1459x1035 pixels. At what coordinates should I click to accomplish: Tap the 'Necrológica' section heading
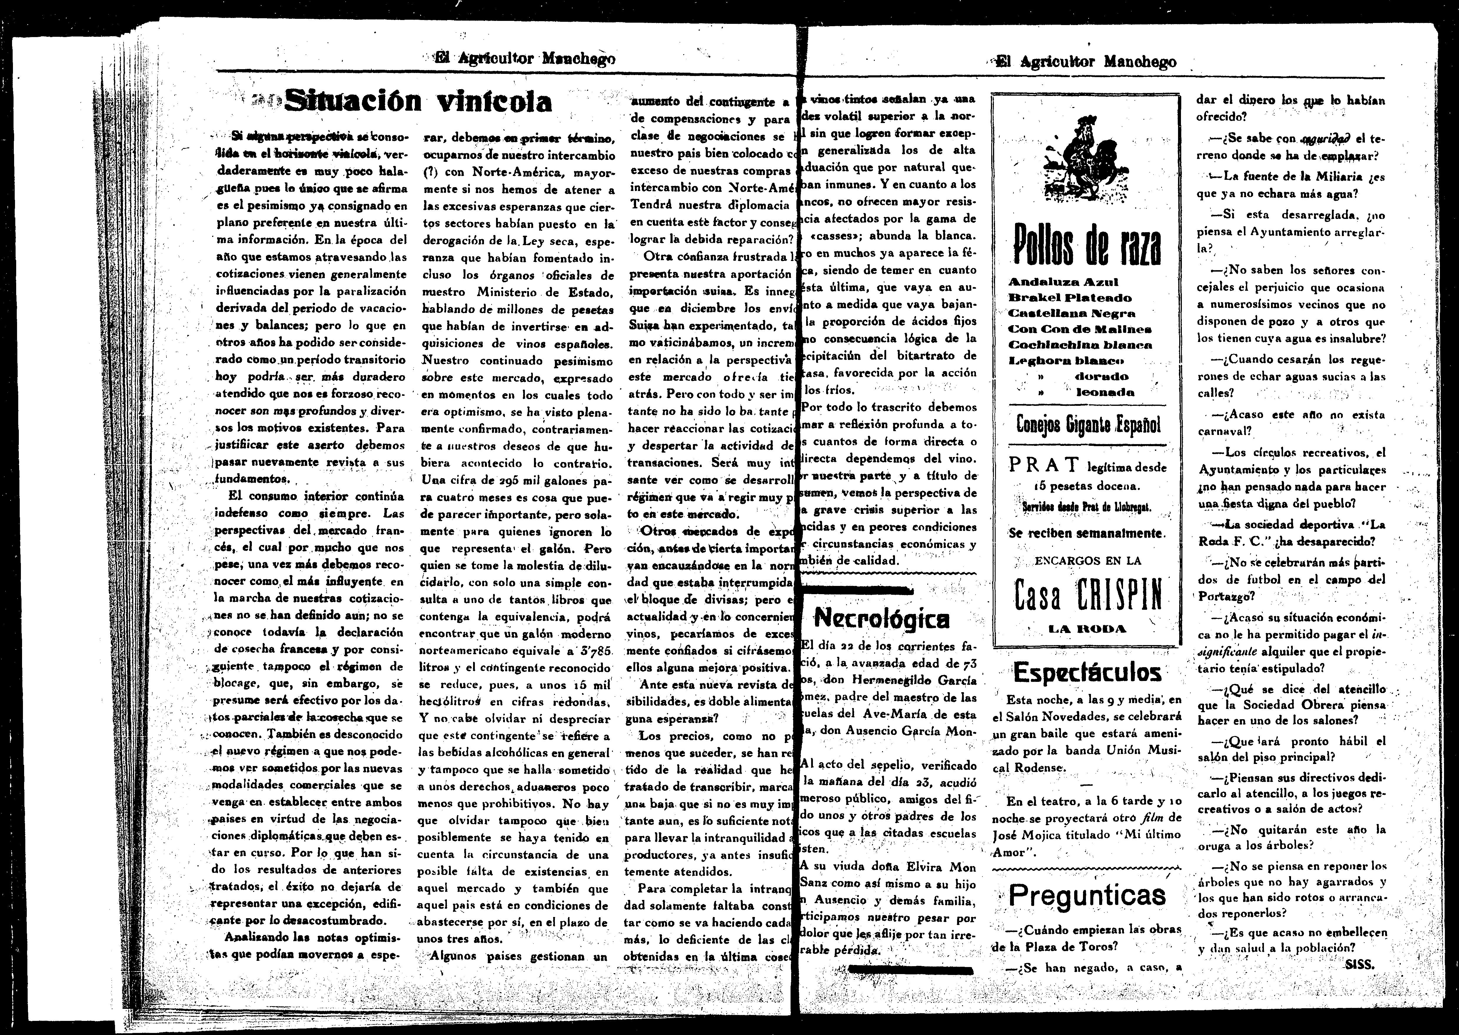point(882,618)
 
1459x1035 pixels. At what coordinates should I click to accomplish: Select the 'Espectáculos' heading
point(1086,672)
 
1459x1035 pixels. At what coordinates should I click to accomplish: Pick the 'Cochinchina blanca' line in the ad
point(1080,345)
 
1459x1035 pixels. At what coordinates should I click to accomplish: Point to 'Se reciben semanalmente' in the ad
point(1087,533)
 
